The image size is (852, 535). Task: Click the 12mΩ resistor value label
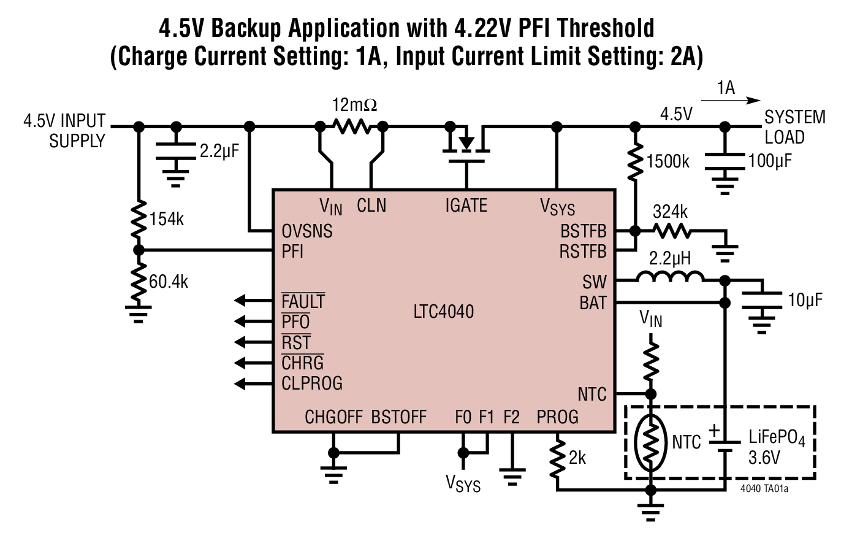(354, 105)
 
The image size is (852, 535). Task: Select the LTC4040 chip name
(443, 311)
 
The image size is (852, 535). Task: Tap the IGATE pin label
(466, 206)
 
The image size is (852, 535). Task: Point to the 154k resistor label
(166, 219)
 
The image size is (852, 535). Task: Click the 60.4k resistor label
(169, 282)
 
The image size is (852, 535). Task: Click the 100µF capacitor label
(770, 161)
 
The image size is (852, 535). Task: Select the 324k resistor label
(670, 212)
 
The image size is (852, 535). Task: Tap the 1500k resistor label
(668, 161)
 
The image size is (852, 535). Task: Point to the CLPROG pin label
(311, 383)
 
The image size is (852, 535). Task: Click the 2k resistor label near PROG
(577, 458)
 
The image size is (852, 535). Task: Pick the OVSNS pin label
(306, 231)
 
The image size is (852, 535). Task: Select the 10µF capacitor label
(805, 300)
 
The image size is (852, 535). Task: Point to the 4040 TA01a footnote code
(764, 489)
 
